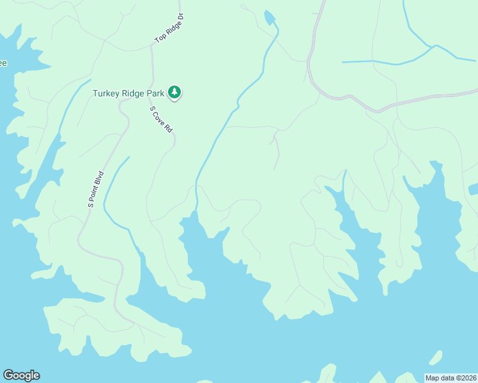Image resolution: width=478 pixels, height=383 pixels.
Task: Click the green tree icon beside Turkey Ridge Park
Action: point(174,93)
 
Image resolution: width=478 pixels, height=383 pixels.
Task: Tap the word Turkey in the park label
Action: point(107,93)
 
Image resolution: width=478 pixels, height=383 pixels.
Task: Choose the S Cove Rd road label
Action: point(162,119)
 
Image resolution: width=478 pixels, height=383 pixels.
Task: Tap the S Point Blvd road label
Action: point(96,189)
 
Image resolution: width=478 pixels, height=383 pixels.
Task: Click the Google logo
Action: point(21,375)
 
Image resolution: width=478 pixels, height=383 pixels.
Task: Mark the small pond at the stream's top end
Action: point(270,17)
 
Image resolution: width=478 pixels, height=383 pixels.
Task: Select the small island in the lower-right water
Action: point(435,357)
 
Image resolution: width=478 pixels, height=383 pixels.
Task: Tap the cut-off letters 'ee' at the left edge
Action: point(3,63)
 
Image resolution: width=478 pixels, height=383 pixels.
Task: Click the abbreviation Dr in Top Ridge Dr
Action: point(180,17)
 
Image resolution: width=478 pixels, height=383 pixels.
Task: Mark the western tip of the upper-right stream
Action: point(343,62)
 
